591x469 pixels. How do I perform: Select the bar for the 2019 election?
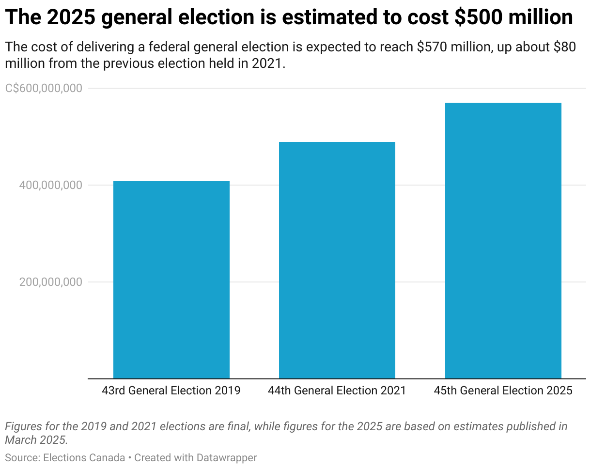(x=171, y=280)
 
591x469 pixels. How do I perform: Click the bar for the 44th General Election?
(x=337, y=260)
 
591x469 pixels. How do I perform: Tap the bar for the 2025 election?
(x=503, y=240)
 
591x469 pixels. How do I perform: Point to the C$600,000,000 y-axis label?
(x=44, y=88)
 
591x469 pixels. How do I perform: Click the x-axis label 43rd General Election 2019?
(x=171, y=391)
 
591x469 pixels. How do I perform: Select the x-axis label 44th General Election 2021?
(x=337, y=391)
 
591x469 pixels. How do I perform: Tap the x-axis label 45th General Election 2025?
(x=503, y=391)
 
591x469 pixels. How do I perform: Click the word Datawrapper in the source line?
(x=227, y=457)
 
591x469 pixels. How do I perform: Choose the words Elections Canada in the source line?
(x=84, y=457)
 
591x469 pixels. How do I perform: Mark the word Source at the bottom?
(x=21, y=457)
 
